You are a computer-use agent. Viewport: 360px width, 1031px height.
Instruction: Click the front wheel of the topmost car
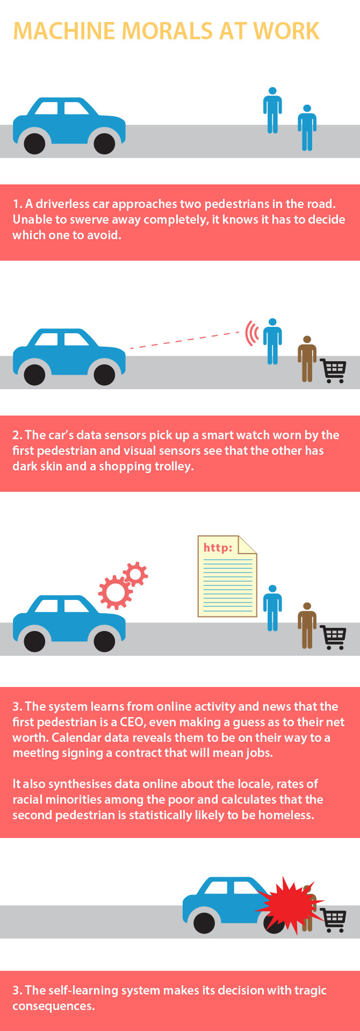(104, 144)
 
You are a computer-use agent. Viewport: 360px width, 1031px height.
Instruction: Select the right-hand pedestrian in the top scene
(307, 127)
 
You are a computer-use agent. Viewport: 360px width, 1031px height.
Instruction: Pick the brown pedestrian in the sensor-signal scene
(307, 359)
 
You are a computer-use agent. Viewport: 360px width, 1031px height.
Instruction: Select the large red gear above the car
(115, 592)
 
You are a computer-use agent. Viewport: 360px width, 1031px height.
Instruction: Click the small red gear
(135, 574)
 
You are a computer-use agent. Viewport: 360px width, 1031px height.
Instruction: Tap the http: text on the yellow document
(218, 548)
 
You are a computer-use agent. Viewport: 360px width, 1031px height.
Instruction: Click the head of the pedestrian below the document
(273, 589)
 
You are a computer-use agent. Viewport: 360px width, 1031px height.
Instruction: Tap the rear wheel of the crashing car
(204, 923)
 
